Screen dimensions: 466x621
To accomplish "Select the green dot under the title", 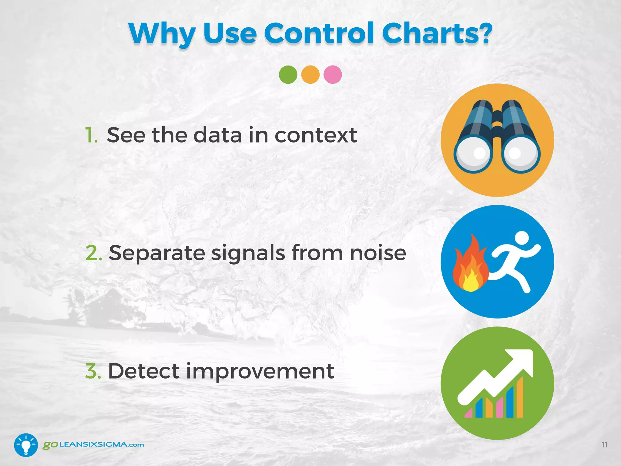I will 288,75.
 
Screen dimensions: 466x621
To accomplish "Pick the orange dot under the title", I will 310,75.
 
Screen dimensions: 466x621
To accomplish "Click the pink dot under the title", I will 333,75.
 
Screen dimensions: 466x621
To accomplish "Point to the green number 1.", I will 90,135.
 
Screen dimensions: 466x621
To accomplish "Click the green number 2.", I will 93,253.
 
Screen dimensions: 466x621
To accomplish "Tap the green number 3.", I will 92,371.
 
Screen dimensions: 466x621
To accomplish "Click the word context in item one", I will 315,135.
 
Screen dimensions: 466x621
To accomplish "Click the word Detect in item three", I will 144,371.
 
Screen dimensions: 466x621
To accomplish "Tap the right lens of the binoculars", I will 520,154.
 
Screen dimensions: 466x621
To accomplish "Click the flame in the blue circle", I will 470,267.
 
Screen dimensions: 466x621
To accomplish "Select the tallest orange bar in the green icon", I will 520,397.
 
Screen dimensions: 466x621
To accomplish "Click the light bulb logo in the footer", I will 26,445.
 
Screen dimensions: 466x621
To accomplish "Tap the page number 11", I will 604,445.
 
